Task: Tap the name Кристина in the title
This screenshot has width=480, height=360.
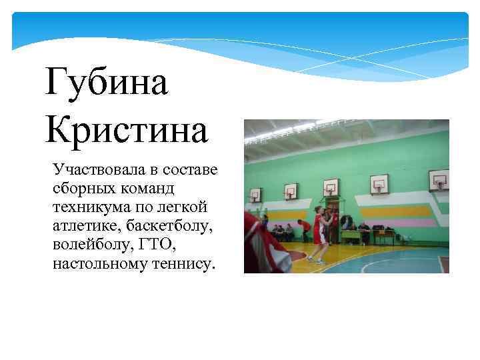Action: pos(127,129)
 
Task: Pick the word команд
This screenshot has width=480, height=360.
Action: pos(146,187)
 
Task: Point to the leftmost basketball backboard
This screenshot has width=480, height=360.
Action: pos(255,194)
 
